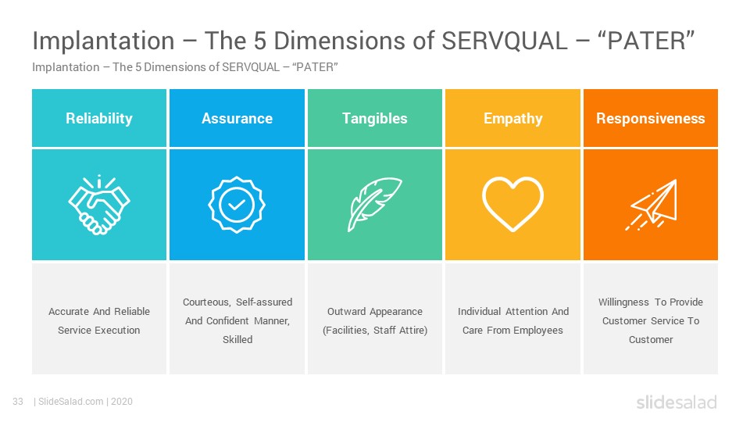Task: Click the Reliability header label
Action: (x=99, y=118)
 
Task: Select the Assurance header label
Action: (x=237, y=118)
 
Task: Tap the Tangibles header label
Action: (x=374, y=119)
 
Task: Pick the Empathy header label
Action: (x=512, y=119)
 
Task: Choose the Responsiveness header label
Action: (x=651, y=119)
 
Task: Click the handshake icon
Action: (x=99, y=204)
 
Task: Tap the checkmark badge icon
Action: (x=237, y=205)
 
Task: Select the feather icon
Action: (x=374, y=204)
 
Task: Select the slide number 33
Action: (x=18, y=402)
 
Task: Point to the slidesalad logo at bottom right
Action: (x=677, y=402)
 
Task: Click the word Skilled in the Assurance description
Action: (x=237, y=339)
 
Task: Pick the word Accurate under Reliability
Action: (x=69, y=312)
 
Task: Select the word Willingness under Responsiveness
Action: (x=623, y=302)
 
